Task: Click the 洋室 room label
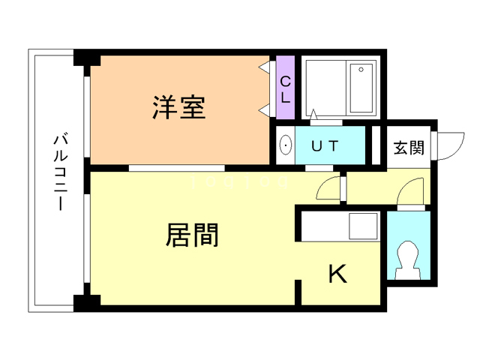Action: pyautogui.click(x=178, y=108)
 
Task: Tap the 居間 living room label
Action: pyautogui.click(x=191, y=235)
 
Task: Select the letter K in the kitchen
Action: pyautogui.click(x=337, y=275)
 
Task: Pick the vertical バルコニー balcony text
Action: pyautogui.click(x=59, y=172)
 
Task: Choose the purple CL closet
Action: pyautogui.click(x=285, y=88)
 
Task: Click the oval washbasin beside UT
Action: pyautogui.click(x=285, y=146)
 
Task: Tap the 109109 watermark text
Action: pyautogui.click(x=239, y=182)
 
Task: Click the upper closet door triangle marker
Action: pyautogui.click(x=265, y=67)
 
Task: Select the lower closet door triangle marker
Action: pyautogui.click(x=265, y=109)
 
